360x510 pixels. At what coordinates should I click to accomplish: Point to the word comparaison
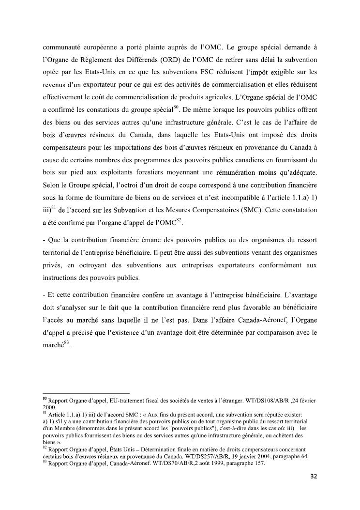pyautogui.click(x=275, y=332)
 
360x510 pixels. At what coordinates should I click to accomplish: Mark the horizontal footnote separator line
pyautogui.click(x=87, y=393)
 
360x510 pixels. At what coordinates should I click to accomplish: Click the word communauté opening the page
pyautogui.click(x=63, y=47)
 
